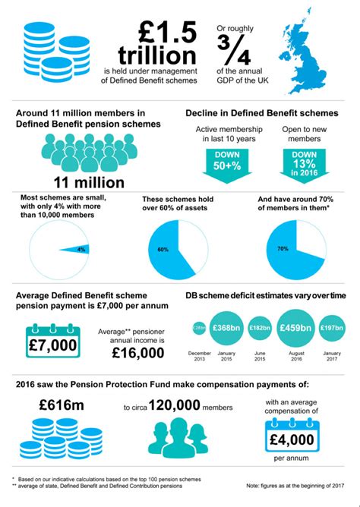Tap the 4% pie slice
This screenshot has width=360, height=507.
pyautogui.click(x=78, y=248)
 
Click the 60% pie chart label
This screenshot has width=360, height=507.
pyautogui.click(x=163, y=248)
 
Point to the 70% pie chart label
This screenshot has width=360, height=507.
pyautogui.click(x=282, y=248)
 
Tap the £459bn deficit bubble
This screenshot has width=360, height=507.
pyautogui.click(x=295, y=327)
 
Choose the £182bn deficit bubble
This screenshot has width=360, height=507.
pyautogui.click(x=260, y=328)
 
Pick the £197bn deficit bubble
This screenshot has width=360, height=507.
pyautogui.click(x=332, y=327)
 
